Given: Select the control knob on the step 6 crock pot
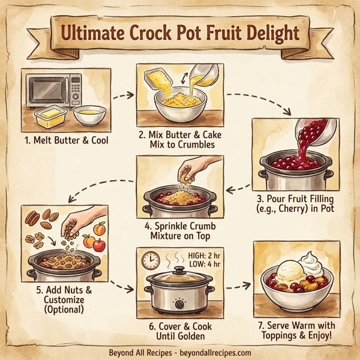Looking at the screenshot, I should pos(179,304).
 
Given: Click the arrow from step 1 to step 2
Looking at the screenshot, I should pos(124,94).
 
